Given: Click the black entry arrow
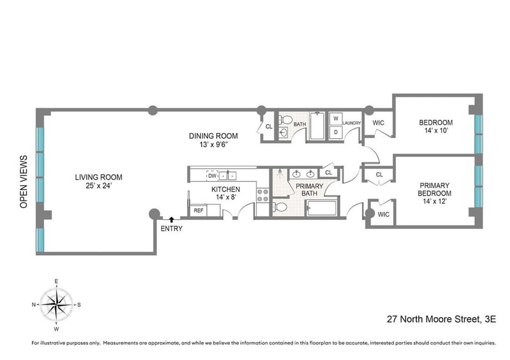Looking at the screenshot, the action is (171, 220).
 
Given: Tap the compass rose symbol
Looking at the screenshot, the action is (56, 305).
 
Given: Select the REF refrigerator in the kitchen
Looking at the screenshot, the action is (198, 210).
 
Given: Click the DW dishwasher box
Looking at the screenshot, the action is (212, 176).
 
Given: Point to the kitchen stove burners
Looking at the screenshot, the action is (263, 195).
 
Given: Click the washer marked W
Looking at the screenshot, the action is (336, 119).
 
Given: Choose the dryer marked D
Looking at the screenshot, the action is (336, 133).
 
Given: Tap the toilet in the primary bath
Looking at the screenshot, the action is (280, 207).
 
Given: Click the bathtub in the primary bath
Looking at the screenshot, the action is (322, 208).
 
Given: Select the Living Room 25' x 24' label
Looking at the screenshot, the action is (99, 182).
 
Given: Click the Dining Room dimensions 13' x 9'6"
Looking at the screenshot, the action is (214, 145).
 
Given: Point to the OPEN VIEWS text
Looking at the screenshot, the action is (24, 182).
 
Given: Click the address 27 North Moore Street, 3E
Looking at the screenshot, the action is (441, 319).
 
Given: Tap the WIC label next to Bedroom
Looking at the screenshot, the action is (378, 123).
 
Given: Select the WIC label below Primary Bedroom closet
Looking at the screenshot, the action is (384, 215).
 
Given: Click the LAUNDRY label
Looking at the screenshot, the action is (352, 123).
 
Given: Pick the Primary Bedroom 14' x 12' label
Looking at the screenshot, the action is (435, 194).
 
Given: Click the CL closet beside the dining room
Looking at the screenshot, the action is (269, 127).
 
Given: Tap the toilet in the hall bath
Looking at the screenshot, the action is (286, 120).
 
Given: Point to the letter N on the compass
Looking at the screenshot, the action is (34, 305).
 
